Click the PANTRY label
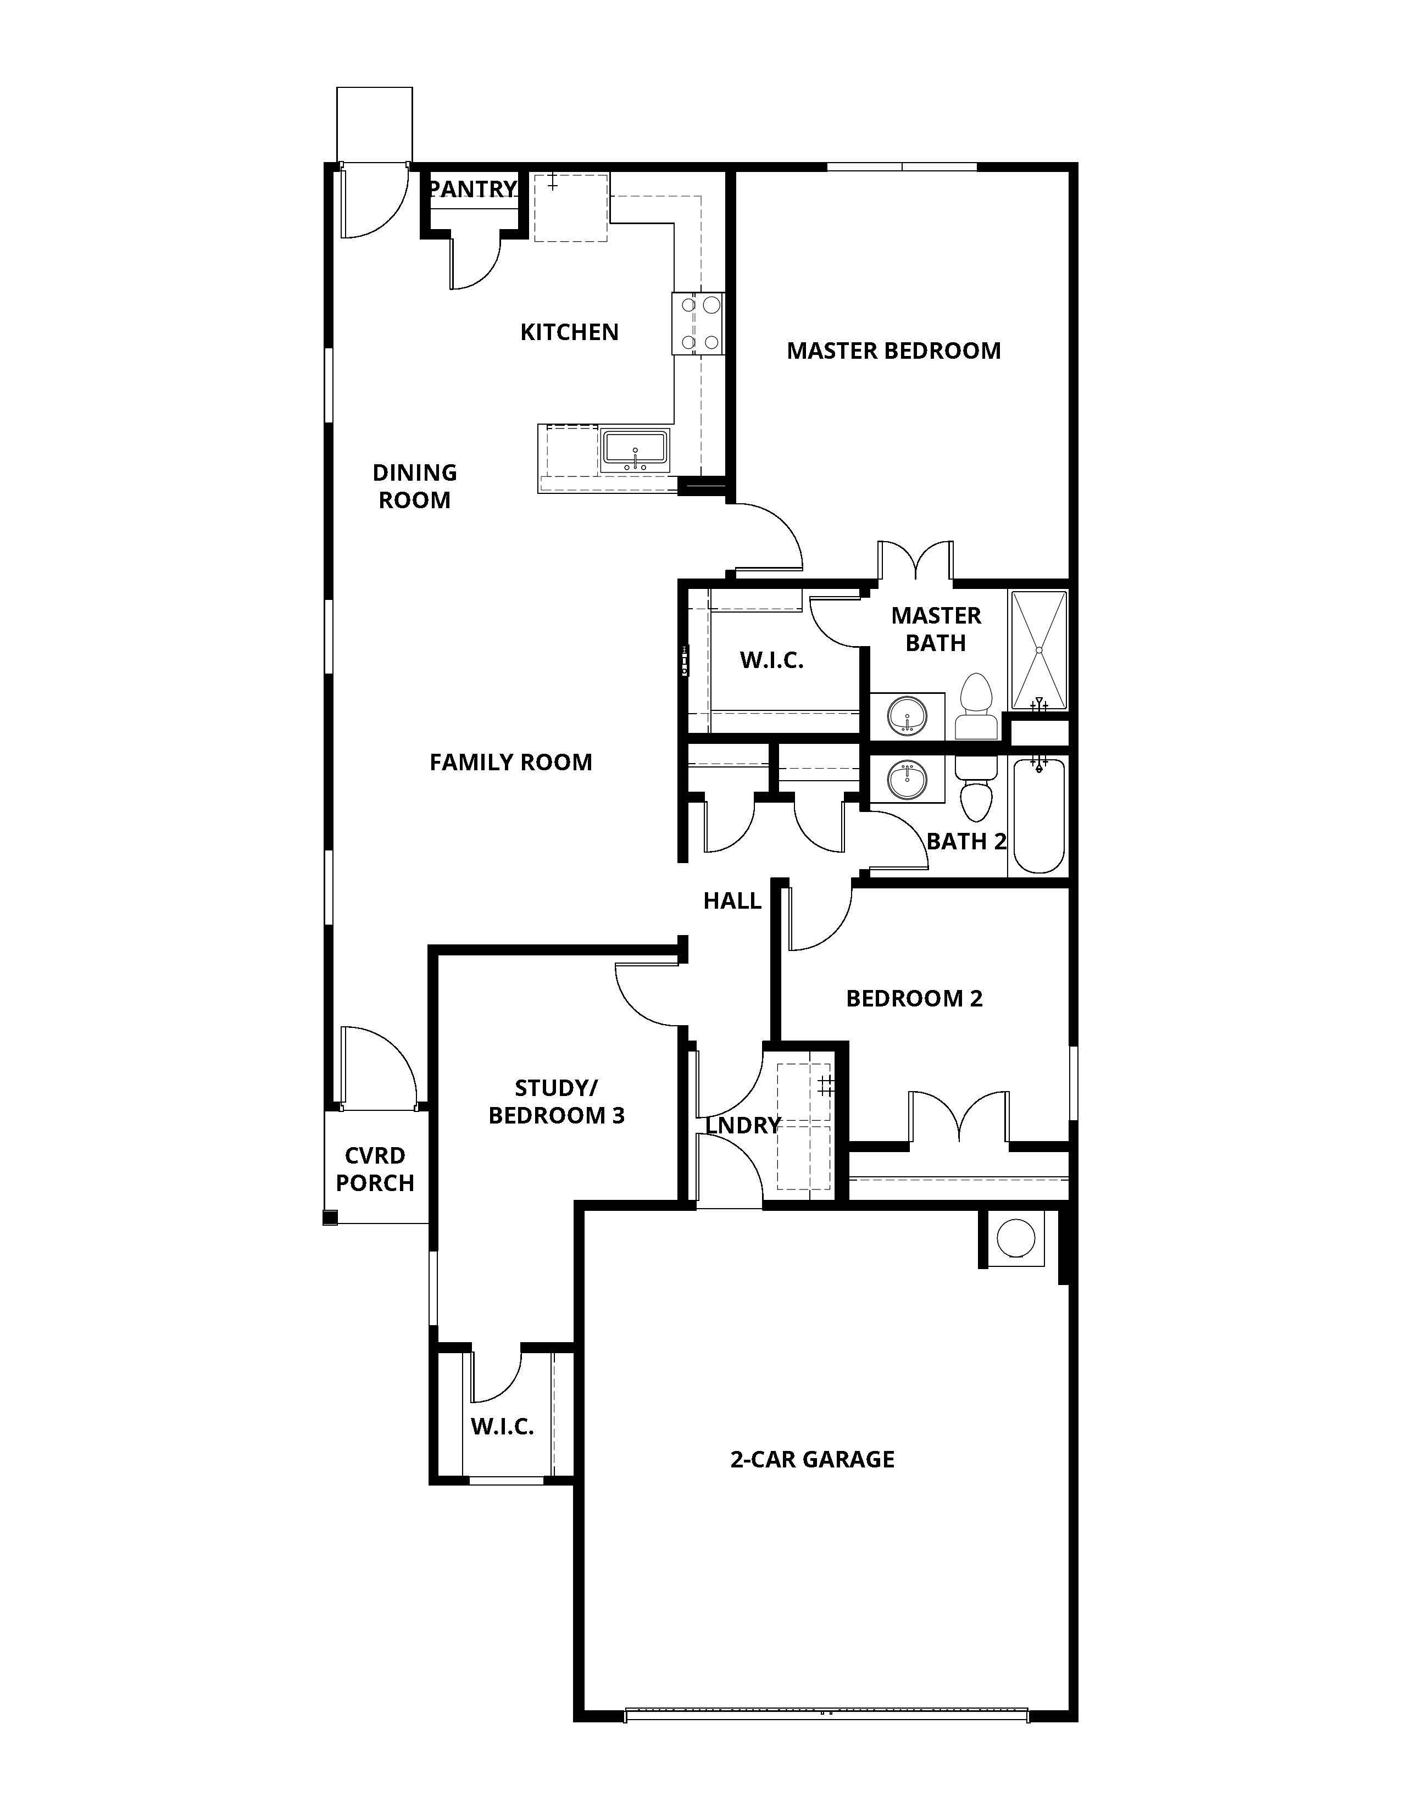tap(473, 190)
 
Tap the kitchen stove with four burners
tap(698, 324)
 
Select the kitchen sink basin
tap(635, 450)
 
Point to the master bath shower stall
tap(1038, 650)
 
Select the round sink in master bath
tap(907, 715)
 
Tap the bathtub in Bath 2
tap(1038, 816)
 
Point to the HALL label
tap(732, 900)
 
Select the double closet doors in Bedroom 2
tap(959, 1116)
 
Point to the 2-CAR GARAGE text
tap(811, 1459)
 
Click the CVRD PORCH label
tap(375, 1169)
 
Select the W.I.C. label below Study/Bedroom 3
tap(502, 1426)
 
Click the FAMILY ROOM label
tap(510, 762)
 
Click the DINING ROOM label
tap(414, 486)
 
